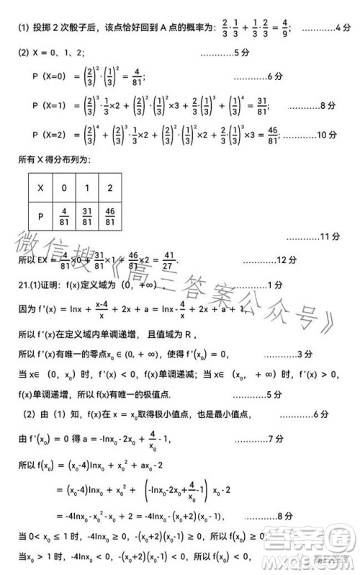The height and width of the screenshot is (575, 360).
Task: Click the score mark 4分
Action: point(343,30)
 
